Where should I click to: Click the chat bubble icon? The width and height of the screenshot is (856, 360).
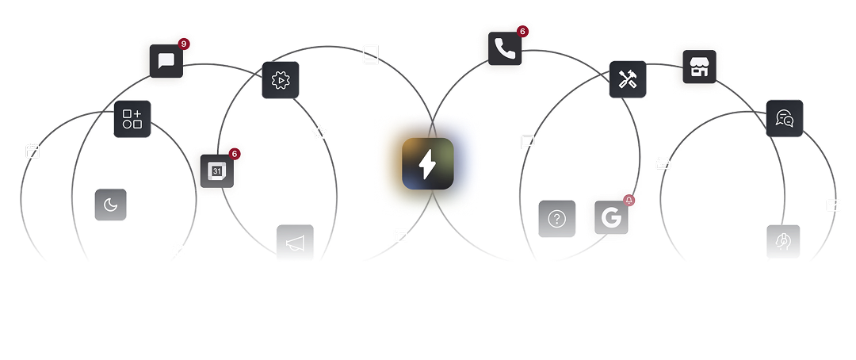click(166, 61)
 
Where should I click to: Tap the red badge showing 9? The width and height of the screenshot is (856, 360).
click(184, 44)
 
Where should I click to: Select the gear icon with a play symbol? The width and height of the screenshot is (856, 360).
click(281, 80)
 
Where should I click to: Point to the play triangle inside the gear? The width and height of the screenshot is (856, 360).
click(281, 81)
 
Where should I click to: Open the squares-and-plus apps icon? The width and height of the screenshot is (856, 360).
click(132, 119)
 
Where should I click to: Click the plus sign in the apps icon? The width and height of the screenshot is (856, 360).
click(137, 113)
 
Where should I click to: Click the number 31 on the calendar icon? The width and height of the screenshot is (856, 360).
click(217, 171)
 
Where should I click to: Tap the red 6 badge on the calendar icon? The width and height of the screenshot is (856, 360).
click(235, 154)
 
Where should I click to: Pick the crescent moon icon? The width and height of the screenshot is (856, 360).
click(111, 205)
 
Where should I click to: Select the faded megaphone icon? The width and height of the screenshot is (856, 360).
click(296, 242)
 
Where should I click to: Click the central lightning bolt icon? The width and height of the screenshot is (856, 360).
click(428, 164)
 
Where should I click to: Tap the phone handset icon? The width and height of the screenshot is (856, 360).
click(505, 48)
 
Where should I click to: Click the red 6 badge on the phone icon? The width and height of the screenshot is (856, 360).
click(522, 31)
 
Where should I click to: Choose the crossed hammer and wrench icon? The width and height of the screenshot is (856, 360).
click(628, 80)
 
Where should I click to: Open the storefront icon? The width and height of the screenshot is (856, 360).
click(699, 67)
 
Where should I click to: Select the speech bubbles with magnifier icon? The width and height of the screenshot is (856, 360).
click(785, 118)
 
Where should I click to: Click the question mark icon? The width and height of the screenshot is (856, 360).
click(557, 219)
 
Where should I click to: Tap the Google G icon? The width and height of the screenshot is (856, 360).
click(611, 217)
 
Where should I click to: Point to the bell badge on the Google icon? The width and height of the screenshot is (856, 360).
click(629, 200)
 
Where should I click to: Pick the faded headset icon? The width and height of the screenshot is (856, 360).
click(783, 241)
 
